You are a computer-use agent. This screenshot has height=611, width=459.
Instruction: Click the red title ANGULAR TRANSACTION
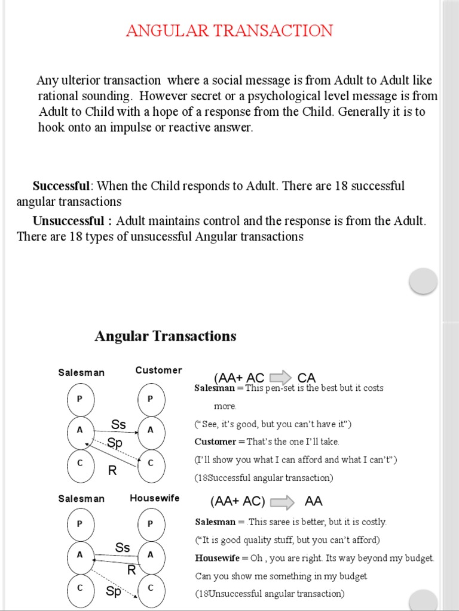pyautogui.click(x=229, y=31)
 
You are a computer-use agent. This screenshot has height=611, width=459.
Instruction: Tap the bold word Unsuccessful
pyautogui.click(x=72, y=221)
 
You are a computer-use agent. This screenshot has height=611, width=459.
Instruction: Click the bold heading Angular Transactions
pyautogui.click(x=165, y=336)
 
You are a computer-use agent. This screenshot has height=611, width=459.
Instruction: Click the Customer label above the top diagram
pyautogui.click(x=158, y=370)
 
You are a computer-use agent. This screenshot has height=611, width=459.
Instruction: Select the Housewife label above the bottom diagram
pyautogui.click(x=154, y=498)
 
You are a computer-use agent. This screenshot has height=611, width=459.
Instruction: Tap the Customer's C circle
pyautogui.click(x=151, y=462)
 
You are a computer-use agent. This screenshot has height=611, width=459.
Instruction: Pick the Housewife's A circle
pyautogui.click(x=151, y=555)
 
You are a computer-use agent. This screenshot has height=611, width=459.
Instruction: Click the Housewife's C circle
pyautogui.click(x=151, y=588)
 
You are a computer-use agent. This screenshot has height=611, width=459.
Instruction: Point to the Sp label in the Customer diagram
pyautogui.click(x=115, y=443)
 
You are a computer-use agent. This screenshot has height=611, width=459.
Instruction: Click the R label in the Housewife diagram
pyautogui.click(x=131, y=570)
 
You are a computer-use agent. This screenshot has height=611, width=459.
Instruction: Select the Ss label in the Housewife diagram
pyautogui.click(x=123, y=547)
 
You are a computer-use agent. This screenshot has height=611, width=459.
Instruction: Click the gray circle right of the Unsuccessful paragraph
pyautogui.click(x=423, y=280)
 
